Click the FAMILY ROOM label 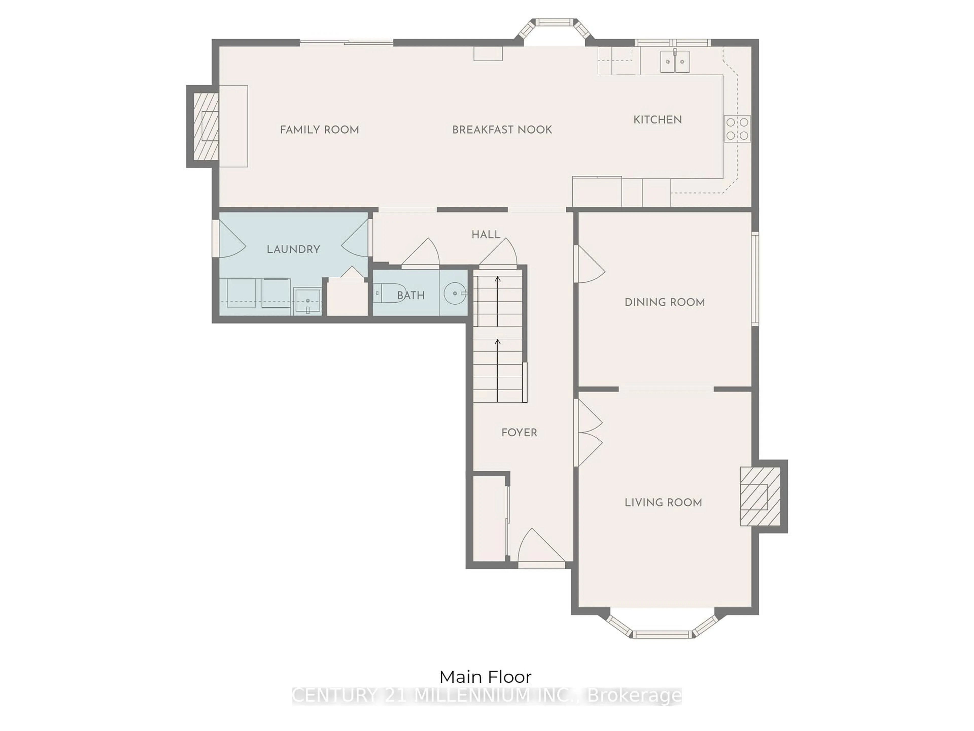pos(319,129)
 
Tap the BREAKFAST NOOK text pos(502,129)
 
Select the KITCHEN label pos(657,119)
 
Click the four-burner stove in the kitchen pos(737,129)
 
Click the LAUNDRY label pos(293,250)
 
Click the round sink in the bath pos(455,293)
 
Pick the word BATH pos(411,295)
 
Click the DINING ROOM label pos(665,302)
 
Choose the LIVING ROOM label pos(663,502)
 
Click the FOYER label pos(519,433)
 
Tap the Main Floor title pos(485,677)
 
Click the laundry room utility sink pos(307,301)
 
